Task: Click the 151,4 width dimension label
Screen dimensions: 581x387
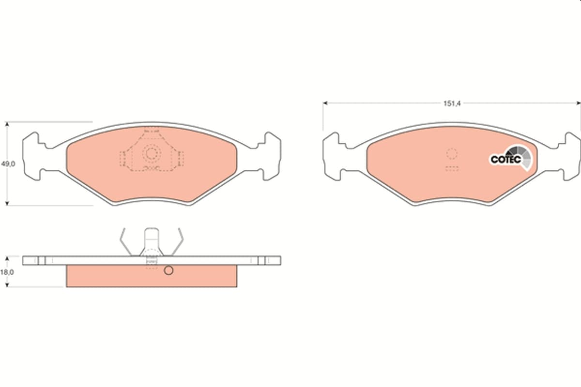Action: pos(452,104)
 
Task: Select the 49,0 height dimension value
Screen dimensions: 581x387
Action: pos(8,164)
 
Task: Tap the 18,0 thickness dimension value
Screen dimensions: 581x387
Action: pos(7,272)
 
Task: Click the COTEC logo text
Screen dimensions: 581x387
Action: pos(506,159)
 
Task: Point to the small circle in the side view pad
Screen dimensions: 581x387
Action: pos(168,270)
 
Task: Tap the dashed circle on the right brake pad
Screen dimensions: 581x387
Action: pos(452,153)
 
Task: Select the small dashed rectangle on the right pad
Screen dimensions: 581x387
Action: pos(452,169)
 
